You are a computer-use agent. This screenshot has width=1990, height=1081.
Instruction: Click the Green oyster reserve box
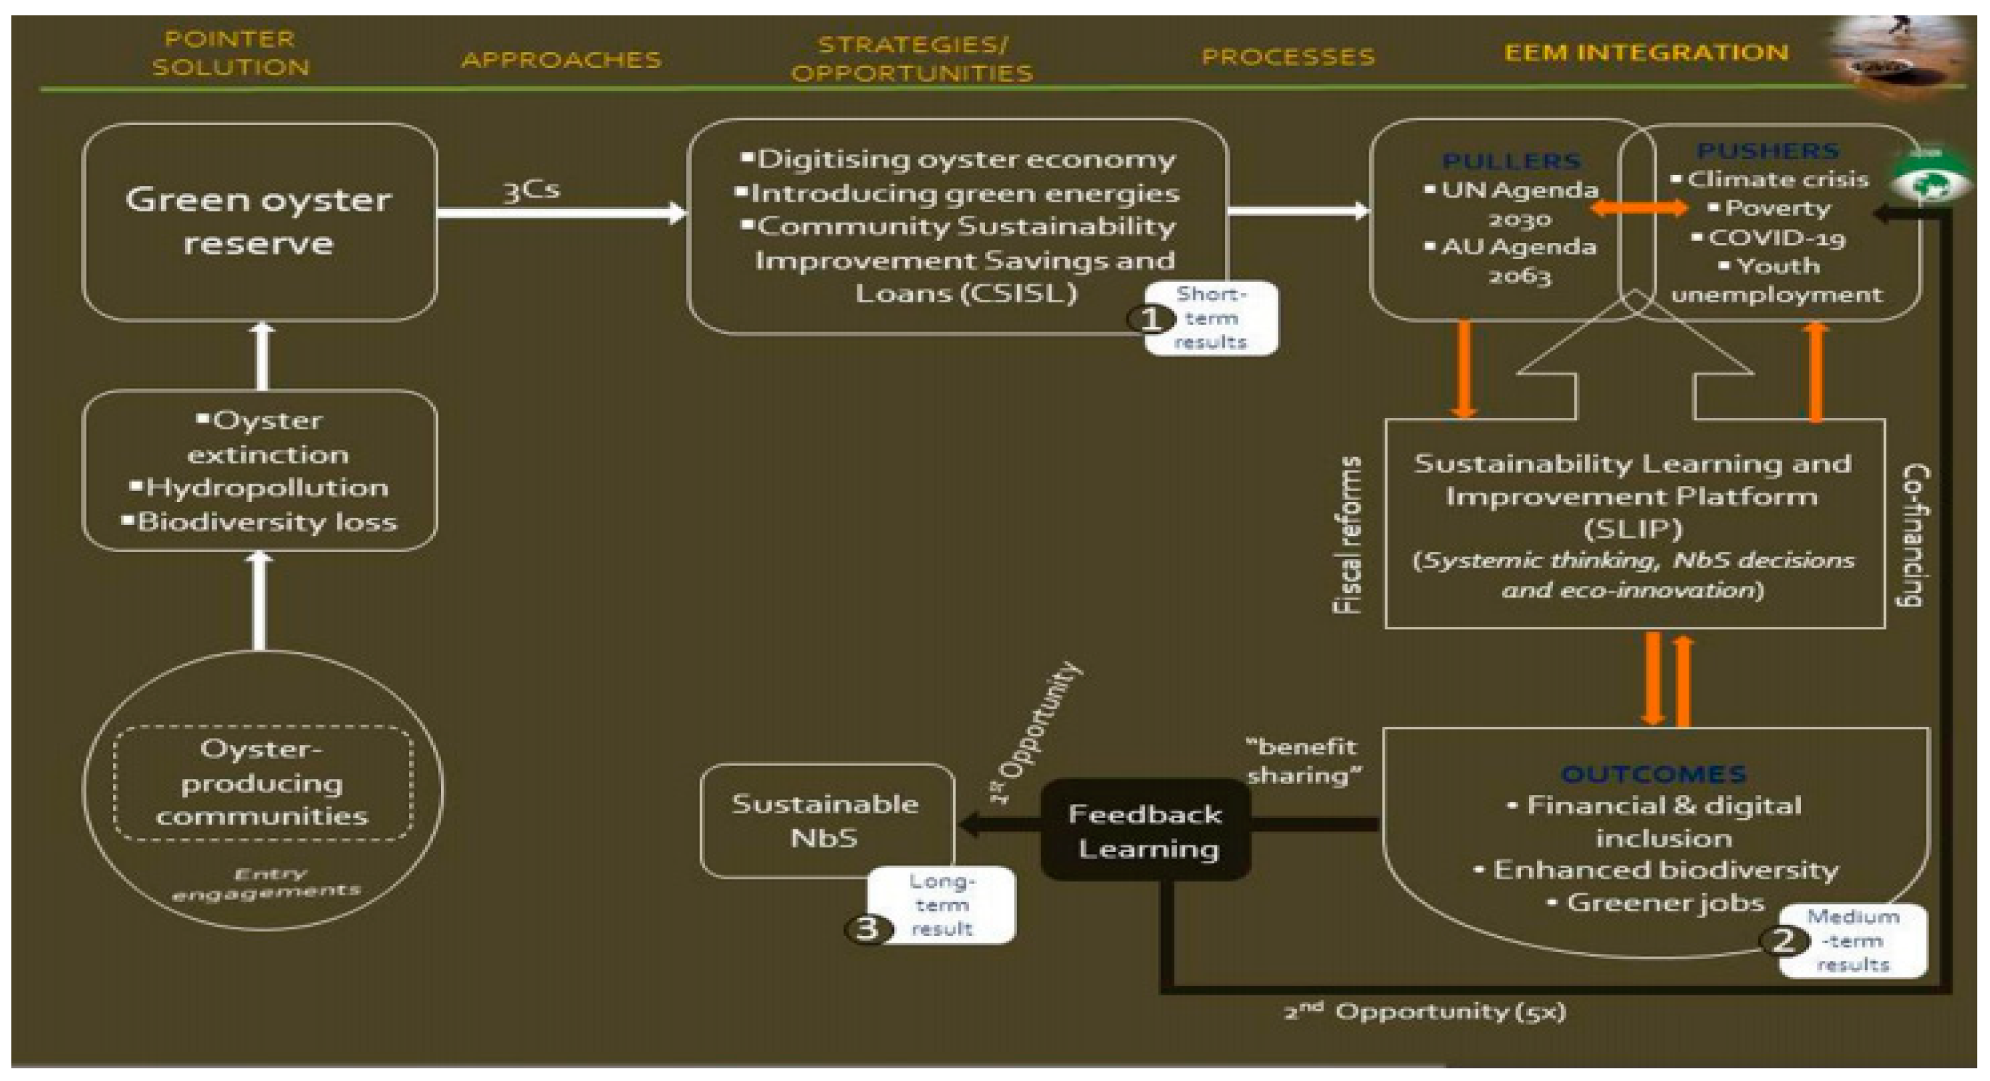point(259,222)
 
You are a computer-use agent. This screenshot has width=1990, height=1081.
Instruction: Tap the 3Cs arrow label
point(531,190)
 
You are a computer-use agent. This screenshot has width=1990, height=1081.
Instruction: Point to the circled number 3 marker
point(867,928)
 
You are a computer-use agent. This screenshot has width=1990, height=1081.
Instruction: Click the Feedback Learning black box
point(1145,831)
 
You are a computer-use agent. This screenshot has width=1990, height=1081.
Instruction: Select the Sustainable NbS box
point(826,821)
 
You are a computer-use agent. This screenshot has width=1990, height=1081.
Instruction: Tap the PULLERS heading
point(1512,162)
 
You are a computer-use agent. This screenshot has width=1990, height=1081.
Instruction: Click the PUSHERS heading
point(1767,150)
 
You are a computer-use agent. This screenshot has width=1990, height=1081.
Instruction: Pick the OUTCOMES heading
point(1653,774)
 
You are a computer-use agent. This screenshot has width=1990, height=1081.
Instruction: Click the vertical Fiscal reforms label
point(1348,535)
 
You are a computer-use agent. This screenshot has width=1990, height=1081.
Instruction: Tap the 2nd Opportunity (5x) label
point(1425,1012)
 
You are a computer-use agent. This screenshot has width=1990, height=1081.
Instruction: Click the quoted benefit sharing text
point(1304,761)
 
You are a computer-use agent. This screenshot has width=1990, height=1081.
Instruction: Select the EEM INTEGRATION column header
point(1645,53)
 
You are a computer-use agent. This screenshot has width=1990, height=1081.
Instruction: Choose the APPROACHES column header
point(561,59)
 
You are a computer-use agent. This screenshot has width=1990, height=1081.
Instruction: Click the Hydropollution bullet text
point(267,488)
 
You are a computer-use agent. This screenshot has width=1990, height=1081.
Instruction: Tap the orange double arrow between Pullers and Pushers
point(1639,208)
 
